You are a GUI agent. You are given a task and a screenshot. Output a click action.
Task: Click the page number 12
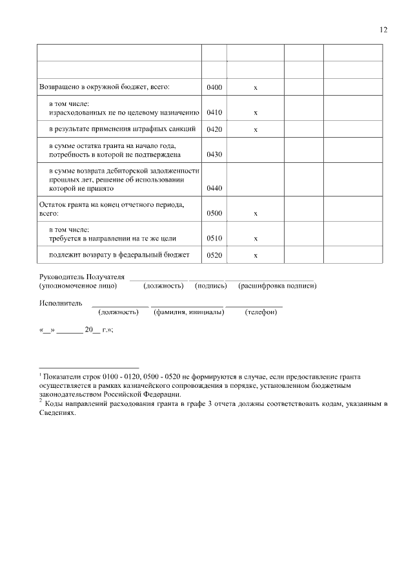(x=383, y=30)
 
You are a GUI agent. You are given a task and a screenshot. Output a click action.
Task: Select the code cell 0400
(x=214, y=87)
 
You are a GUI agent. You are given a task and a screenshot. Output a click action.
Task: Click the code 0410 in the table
(x=214, y=112)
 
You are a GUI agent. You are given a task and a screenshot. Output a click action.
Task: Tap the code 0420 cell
(x=214, y=129)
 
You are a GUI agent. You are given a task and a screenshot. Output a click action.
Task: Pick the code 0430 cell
(x=214, y=155)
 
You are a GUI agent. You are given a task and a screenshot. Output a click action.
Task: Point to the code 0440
(x=214, y=189)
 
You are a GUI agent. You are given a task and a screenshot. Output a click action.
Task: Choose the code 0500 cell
(x=214, y=213)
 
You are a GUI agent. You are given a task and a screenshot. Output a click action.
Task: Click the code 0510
(x=214, y=239)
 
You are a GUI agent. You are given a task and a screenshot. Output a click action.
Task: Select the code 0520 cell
(x=214, y=255)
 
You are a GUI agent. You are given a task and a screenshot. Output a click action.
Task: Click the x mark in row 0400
(x=256, y=87)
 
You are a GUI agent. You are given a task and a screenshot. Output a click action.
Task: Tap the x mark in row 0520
(x=256, y=255)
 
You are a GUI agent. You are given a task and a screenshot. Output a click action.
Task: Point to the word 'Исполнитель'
(x=61, y=303)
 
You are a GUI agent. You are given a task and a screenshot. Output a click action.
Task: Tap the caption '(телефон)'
(x=261, y=312)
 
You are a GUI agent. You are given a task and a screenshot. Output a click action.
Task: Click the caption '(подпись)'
(x=210, y=285)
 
